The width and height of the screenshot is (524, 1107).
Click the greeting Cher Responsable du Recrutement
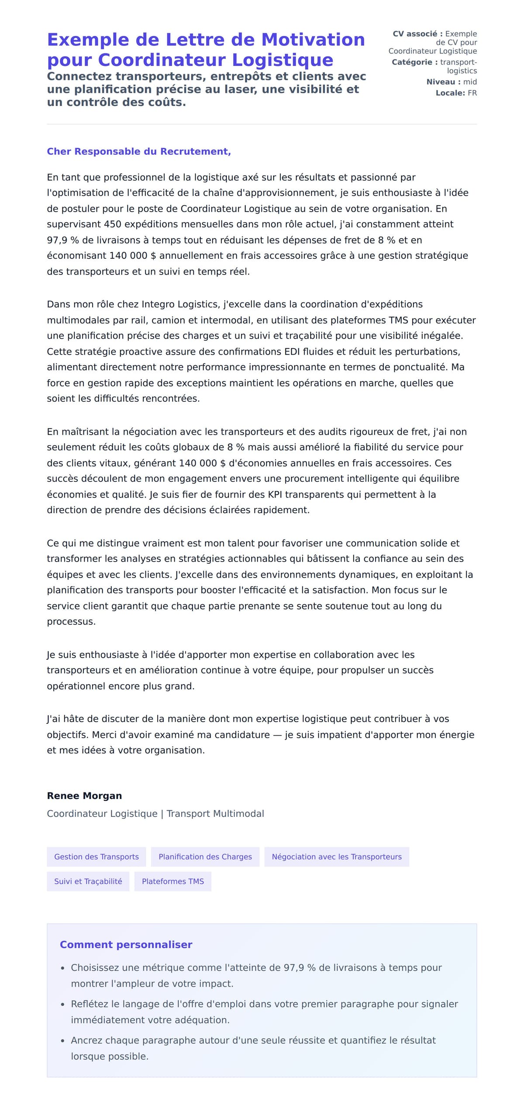click(x=139, y=151)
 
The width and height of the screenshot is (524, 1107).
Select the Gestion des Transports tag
click(x=97, y=857)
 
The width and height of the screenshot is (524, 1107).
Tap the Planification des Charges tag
click(x=205, y=857)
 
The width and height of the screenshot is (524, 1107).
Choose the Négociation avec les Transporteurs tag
click(x=337, y=857)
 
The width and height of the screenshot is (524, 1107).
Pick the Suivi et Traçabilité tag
click(x=88, y=881)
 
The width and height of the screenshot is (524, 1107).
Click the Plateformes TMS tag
click(x=173, y=881)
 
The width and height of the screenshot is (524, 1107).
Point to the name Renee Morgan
click(x=84, y=795)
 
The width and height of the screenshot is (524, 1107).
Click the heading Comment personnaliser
click(x=126, y=944)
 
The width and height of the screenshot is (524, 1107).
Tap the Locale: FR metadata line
click(x=456, y=93)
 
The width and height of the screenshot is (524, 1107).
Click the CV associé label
click(x=417, y=34)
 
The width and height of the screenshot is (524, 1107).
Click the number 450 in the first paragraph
click(x=113, y=224)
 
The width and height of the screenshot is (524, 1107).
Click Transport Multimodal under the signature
click(x=215, y=813)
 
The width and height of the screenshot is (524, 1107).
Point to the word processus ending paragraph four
click(x=71, y=621)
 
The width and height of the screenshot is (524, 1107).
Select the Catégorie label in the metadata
click(x=414, y=62)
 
